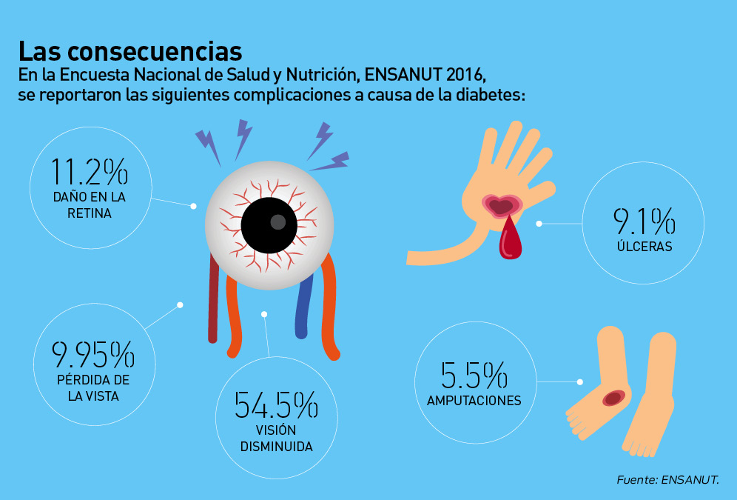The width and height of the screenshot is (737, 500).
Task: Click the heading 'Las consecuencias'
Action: click(x=130, y=51)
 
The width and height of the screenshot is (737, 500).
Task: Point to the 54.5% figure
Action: click(x=276, y=405)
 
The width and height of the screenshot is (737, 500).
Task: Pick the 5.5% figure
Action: click(x=474, y=376)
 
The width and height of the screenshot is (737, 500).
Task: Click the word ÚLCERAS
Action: click(x=644, y=247)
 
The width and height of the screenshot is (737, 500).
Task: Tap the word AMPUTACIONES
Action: click(x=474, y=401)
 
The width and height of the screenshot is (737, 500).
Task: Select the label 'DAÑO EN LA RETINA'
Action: click(x=89, y=205)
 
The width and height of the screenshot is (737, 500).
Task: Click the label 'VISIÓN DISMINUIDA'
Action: click(x=275, y=439)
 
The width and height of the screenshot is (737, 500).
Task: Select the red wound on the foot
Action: click(x=613, y=398)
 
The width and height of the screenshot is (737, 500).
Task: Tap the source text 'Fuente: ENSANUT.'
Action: click(x=667, y=479)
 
